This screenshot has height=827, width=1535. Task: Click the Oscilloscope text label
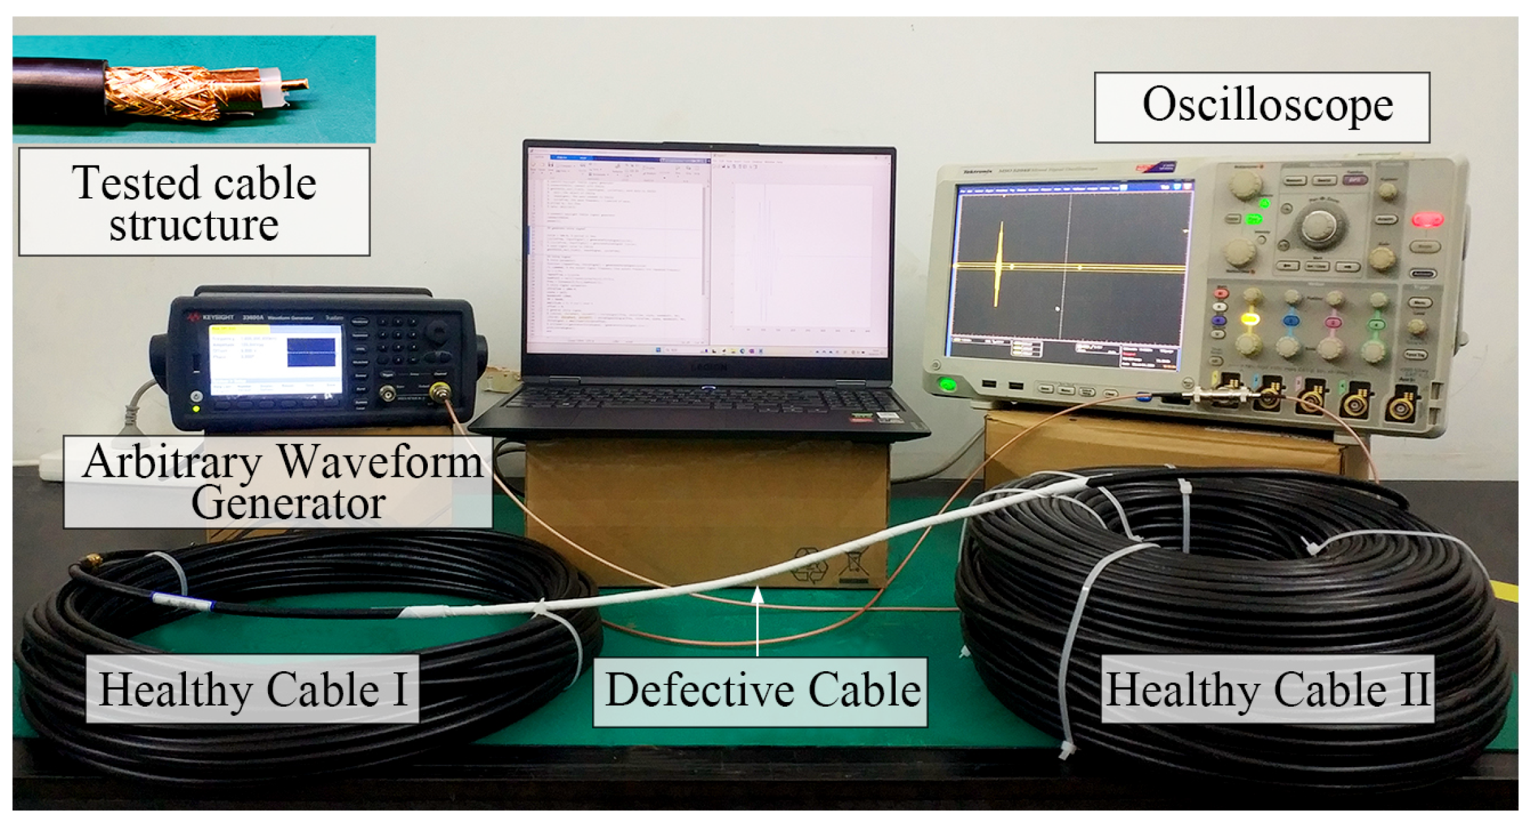tap(1261, 106)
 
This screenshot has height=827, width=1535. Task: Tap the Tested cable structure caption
tap(194, 202)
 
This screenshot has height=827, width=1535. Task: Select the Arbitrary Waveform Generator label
tap(279, 482)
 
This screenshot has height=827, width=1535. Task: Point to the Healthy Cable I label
tap(252, 689)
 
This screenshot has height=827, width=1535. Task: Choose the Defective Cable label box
tap(760, 691)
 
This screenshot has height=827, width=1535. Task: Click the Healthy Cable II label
tap(1267, 689)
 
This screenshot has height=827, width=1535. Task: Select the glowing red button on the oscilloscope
tap(1428, 219)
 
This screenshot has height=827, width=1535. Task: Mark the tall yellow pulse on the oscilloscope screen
tap(999, 263)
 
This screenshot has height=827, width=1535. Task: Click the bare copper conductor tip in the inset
tap(296, 85)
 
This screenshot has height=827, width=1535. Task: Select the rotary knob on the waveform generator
tap(437, 331)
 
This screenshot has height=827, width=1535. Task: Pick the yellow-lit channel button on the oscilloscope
tap(1249, 319)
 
